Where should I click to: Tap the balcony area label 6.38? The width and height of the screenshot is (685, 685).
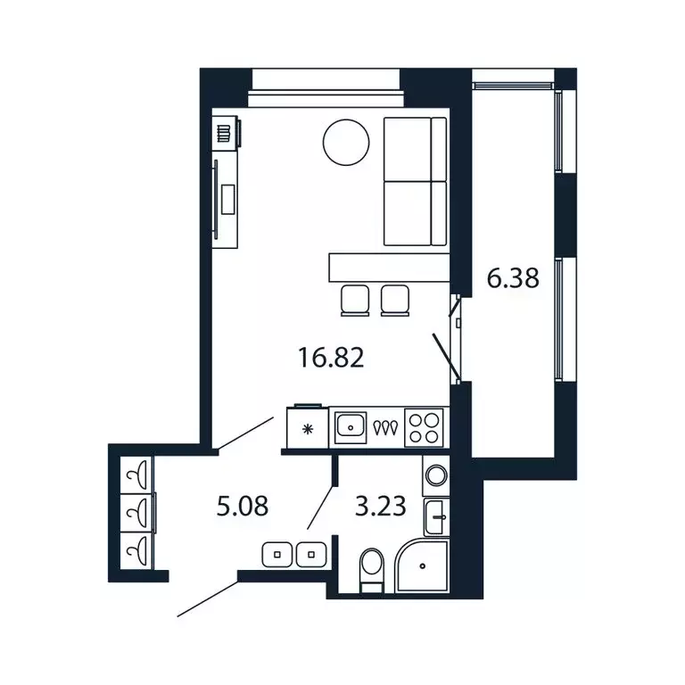pyautogui.click(x=513, y=279)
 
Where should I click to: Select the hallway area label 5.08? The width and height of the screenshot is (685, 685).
pyautogui.click(x=243, y=507)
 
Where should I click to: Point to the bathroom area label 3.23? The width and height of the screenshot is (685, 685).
pyautogui.click(x=381, y=507)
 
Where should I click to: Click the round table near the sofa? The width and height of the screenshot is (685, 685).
pyautogui.click(x=346, y=143)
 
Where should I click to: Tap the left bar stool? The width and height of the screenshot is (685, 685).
pyautogui.click(x=356, y=299)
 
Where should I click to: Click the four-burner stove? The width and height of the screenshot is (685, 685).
pyautogui.click(x=424, y=427)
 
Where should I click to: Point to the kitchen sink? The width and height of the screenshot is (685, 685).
pyautogui.click(x=352, y=427)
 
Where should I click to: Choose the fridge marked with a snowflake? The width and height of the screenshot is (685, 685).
pyautogui.click(x=308, y=428)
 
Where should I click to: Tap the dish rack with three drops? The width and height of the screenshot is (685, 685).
pyautogui.click(x=386, y=428)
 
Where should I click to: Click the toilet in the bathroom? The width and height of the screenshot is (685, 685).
pyautogui.click(x=371, y=567)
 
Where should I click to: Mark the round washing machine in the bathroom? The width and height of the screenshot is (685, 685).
pyautogui.click(x=437, y=475)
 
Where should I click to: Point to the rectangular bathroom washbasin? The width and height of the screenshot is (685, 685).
pyautogui.click(x=437, y=515)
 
